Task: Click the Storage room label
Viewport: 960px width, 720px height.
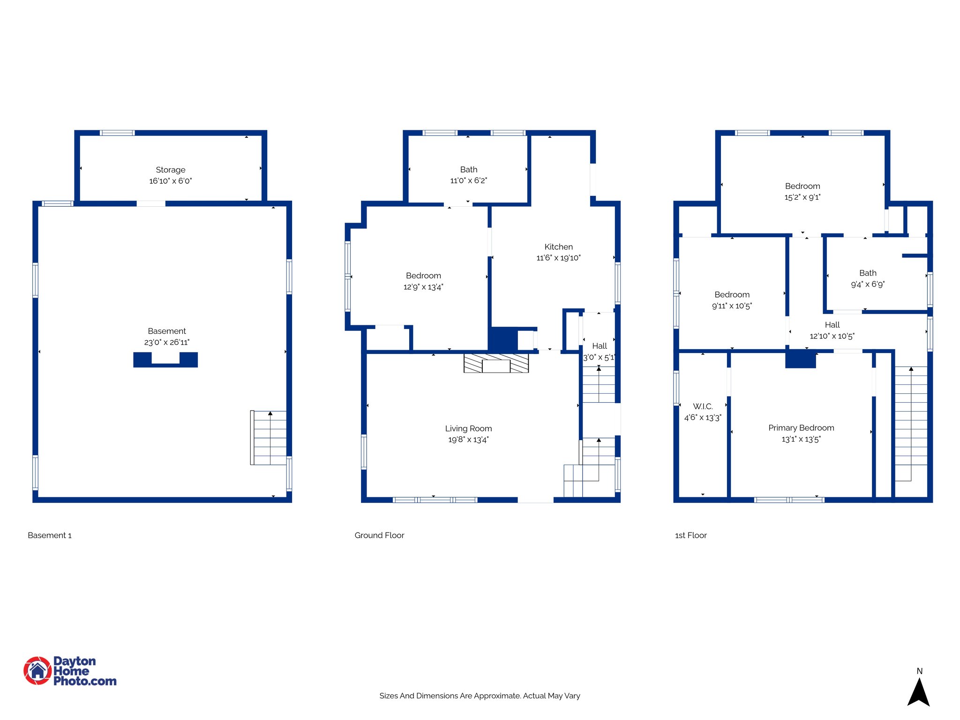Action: point(170,170)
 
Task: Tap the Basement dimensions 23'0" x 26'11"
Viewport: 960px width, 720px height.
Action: point(166,343)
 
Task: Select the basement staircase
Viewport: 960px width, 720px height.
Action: point(269,438)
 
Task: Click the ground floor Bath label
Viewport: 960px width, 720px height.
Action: point(468,170)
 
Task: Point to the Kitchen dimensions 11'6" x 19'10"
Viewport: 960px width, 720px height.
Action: point(558,258)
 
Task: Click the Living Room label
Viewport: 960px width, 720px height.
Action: point(468,428)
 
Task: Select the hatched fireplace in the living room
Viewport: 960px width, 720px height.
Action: point(496,363)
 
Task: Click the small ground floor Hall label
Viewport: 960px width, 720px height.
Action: point(599,346)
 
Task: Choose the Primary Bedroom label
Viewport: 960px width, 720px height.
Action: point(801,428)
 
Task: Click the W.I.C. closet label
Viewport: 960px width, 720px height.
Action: point(702,406)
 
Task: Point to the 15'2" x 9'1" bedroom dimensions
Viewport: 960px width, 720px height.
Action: point(802,197)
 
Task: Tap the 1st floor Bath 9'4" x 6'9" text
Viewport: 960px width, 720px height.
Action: point(867,284)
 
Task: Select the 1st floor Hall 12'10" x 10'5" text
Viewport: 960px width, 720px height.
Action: point(832,336)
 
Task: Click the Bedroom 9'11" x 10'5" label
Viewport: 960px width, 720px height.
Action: point(731,295)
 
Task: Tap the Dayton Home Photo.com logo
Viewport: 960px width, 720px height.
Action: point(70,671)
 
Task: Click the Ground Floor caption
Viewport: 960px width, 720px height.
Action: point(379,535)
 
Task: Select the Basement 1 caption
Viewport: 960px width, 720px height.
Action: point(50,535)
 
